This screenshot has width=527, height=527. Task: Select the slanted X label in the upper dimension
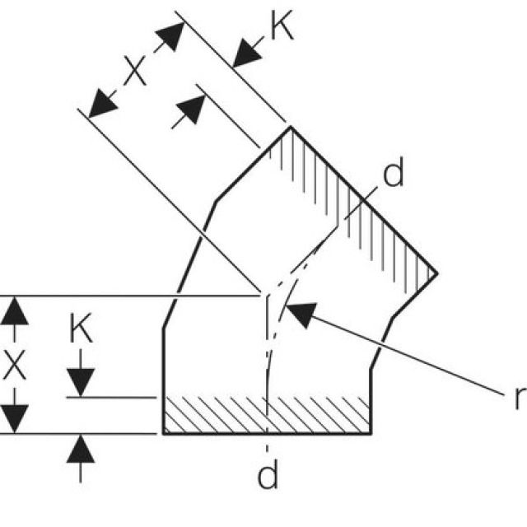tap(136, 72)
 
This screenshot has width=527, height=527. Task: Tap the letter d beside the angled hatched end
tap(394, 175)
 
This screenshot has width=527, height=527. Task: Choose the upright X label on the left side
tap(15, 364)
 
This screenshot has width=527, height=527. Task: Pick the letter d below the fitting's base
tap(268, 476)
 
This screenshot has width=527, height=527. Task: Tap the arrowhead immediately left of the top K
tap(245, 54)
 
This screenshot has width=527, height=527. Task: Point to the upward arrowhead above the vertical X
tap(15, 311)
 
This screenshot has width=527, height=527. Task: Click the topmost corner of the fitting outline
tap(289, 126)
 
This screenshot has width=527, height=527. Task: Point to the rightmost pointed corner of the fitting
tap(435, 273)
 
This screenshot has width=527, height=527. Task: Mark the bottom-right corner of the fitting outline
tap(370, 432)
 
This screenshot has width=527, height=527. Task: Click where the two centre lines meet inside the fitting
tap(265, 294)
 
